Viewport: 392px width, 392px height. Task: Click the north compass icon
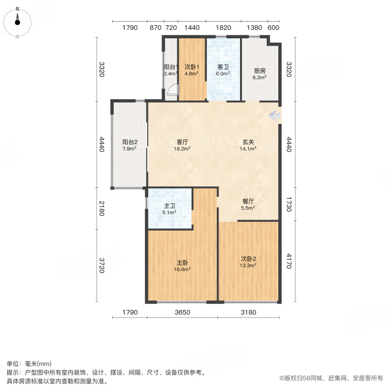[17, 21]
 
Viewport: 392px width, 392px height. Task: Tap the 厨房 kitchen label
[260, 71]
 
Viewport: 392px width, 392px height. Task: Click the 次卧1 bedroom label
[192, 68]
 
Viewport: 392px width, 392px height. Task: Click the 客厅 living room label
[182, 142]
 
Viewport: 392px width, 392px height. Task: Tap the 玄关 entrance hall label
[249, 142]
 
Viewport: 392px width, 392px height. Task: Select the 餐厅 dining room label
[248, 202]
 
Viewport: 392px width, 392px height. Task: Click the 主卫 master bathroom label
[169, 206]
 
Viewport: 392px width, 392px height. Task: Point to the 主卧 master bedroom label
[182, 263]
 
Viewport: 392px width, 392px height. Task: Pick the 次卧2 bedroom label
[249, 258]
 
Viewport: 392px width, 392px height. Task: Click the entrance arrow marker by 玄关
[275, 115]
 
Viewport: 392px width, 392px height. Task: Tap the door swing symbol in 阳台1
[173, 91]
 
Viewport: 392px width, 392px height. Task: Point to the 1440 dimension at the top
[192, 28]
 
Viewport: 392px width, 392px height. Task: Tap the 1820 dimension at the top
[223, 28]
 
